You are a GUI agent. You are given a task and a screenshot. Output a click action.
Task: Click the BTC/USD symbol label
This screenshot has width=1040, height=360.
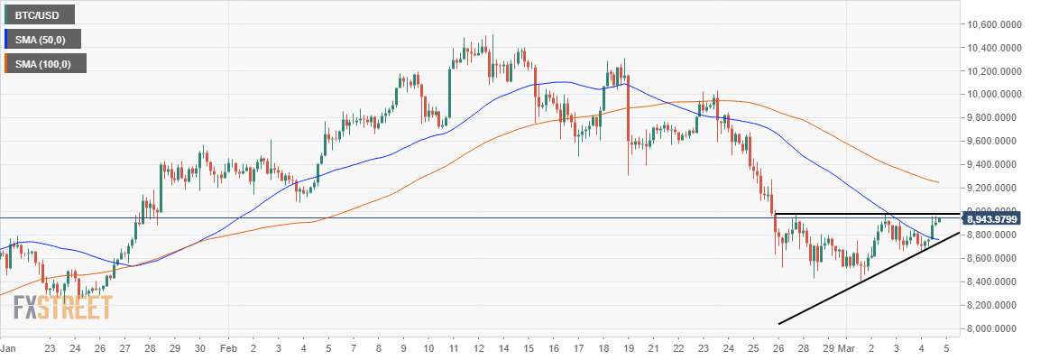(x=40, y=14)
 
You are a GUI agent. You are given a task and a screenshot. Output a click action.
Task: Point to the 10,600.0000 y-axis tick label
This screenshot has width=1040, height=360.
(x=995, y=24)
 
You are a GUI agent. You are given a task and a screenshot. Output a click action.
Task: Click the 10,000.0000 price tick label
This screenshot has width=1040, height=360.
(x=995, y=95)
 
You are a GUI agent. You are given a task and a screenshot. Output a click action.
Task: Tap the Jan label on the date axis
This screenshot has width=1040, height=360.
(x=8, y=347)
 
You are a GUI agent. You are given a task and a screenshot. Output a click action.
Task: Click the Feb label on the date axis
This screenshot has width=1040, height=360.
(x=229, y=347)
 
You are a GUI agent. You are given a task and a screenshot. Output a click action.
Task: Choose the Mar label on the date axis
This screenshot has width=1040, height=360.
(x=847, y=347)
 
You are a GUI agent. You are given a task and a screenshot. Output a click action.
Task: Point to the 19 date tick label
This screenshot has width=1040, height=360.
(x=626, y=347)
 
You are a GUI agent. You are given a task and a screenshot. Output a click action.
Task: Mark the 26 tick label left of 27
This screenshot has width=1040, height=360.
(x=99, y=347)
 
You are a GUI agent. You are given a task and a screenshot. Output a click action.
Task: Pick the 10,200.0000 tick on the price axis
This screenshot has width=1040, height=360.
(x=995, y=71)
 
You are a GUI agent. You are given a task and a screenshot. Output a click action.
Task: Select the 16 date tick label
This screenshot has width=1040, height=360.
(x=552, y=347)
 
